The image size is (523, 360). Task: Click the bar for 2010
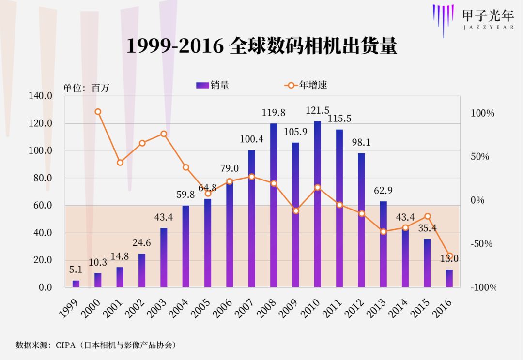point(317,204)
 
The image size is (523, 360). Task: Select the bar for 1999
point(76,284)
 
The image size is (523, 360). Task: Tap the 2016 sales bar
point(449,278)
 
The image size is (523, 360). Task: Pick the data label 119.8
point(274,113)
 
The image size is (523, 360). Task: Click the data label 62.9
point(383,190)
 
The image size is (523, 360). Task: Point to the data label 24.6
point(142,243)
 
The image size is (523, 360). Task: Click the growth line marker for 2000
point(98,112)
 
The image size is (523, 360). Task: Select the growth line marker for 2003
point(164,134)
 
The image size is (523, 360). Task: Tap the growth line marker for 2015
point(427,216)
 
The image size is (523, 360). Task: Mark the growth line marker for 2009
point(295,210)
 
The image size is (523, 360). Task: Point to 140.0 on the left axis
point(41,96)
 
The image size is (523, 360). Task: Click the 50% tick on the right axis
point(480,157)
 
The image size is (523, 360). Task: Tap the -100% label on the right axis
point(483,287)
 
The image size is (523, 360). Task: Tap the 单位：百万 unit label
point(87,88)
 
